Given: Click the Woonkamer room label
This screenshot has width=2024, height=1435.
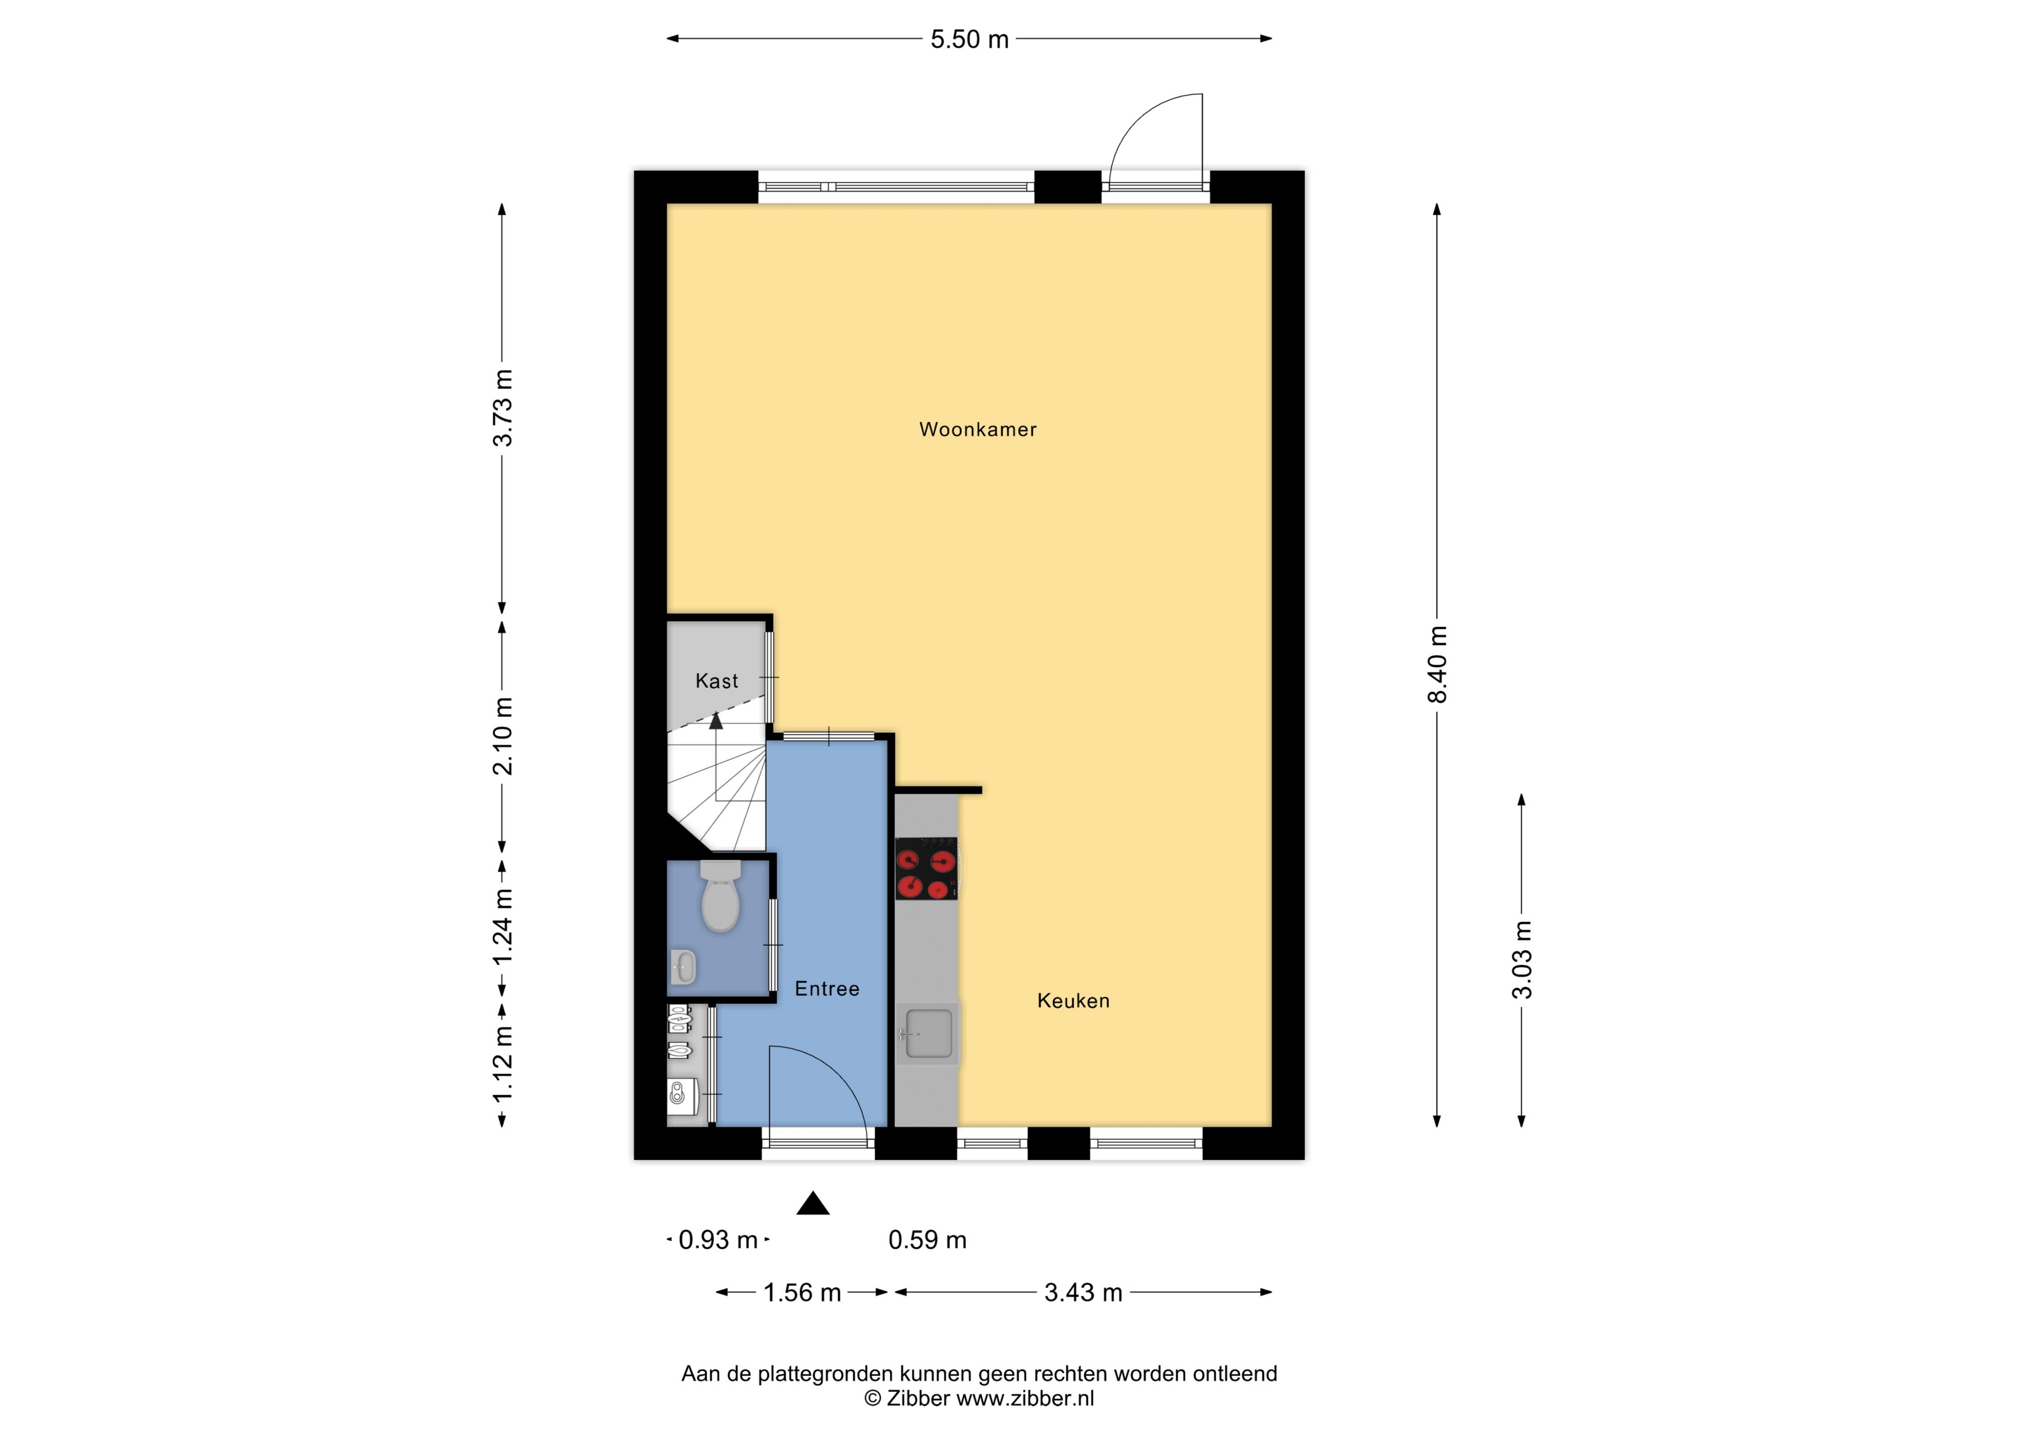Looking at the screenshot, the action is (x=978, y=429).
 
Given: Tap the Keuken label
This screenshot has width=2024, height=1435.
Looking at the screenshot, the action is (x=1073, y=1000).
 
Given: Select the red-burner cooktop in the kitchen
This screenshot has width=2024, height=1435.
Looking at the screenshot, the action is (x=926, y=869).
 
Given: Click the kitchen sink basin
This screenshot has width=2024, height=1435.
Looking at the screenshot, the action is (x=926, y=1033).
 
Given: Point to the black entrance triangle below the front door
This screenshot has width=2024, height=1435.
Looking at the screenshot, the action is (x=813, y=1203).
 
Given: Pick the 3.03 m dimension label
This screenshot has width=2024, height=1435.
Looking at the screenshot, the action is (x=1522, y=959).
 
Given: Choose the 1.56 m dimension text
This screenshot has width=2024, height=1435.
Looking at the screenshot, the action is (x=802, y=1293).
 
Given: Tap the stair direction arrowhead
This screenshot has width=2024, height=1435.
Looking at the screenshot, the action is (x=716, y=720).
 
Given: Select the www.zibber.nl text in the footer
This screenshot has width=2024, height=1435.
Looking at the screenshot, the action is (x=1025, y=1399).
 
